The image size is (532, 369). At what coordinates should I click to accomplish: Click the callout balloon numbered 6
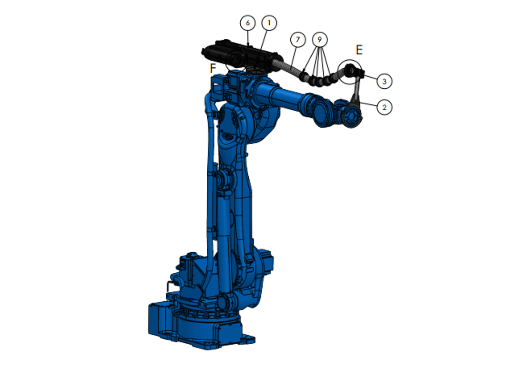click(248, 22)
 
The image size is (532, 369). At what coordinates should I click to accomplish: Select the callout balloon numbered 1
click(269, 22)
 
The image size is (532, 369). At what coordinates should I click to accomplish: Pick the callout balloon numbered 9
click(320, 39)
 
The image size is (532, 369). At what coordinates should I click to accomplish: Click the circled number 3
click(384, 81)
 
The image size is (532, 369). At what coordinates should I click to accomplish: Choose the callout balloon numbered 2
click(384, 107)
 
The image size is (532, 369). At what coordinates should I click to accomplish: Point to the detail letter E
click(359, 50)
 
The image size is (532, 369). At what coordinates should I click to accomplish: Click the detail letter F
click(213, 68)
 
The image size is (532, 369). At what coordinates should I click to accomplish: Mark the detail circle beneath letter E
click(350, 71)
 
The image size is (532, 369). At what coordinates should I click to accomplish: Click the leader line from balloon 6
click(248, 37)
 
